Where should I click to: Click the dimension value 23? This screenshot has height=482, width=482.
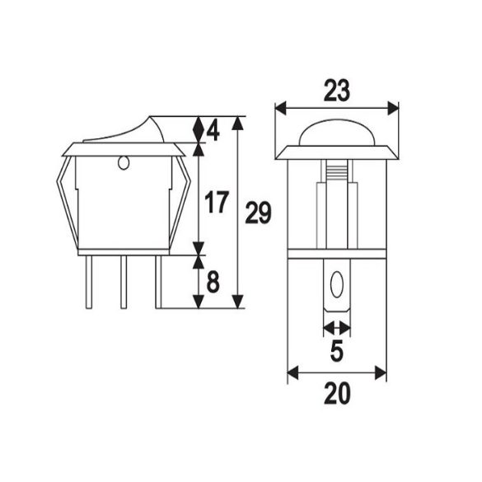coord(336,91)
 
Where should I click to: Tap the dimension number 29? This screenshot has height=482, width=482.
coord(259,213)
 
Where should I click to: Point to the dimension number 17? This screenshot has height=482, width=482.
coord(216,203)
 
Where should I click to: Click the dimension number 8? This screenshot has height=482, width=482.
coord(213,283)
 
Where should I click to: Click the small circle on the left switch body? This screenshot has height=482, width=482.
coord(124,163)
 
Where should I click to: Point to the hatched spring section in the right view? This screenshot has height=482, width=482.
coord(336,175)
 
